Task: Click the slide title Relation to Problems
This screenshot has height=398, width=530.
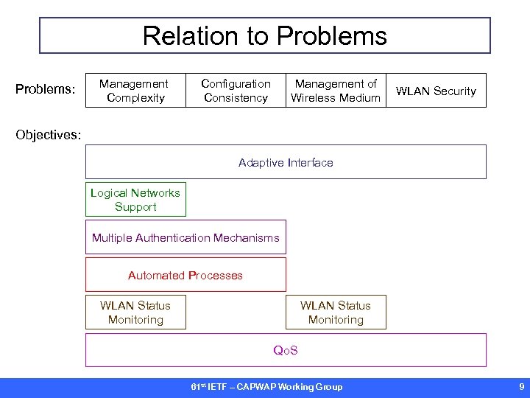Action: [264, 35]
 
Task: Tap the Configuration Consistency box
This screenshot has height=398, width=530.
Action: [236, 91]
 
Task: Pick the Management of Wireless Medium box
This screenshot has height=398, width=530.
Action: [336, 91]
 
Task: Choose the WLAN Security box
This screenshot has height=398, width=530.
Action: [436, 91]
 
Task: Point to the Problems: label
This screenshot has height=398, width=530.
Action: [46, 89]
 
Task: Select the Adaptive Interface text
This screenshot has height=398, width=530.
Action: [286, 162]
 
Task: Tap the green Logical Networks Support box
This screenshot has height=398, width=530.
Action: [135, 200]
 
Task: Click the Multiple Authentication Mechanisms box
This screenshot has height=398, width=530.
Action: [185, 237]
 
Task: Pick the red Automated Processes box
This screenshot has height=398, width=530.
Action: [185, 275]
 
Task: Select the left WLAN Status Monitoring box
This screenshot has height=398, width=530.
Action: [135, 313]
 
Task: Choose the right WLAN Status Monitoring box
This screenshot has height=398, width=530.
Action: [336, 313]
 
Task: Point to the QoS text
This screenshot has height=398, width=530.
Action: [286, 350]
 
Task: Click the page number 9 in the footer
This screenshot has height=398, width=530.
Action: [521, 386]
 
